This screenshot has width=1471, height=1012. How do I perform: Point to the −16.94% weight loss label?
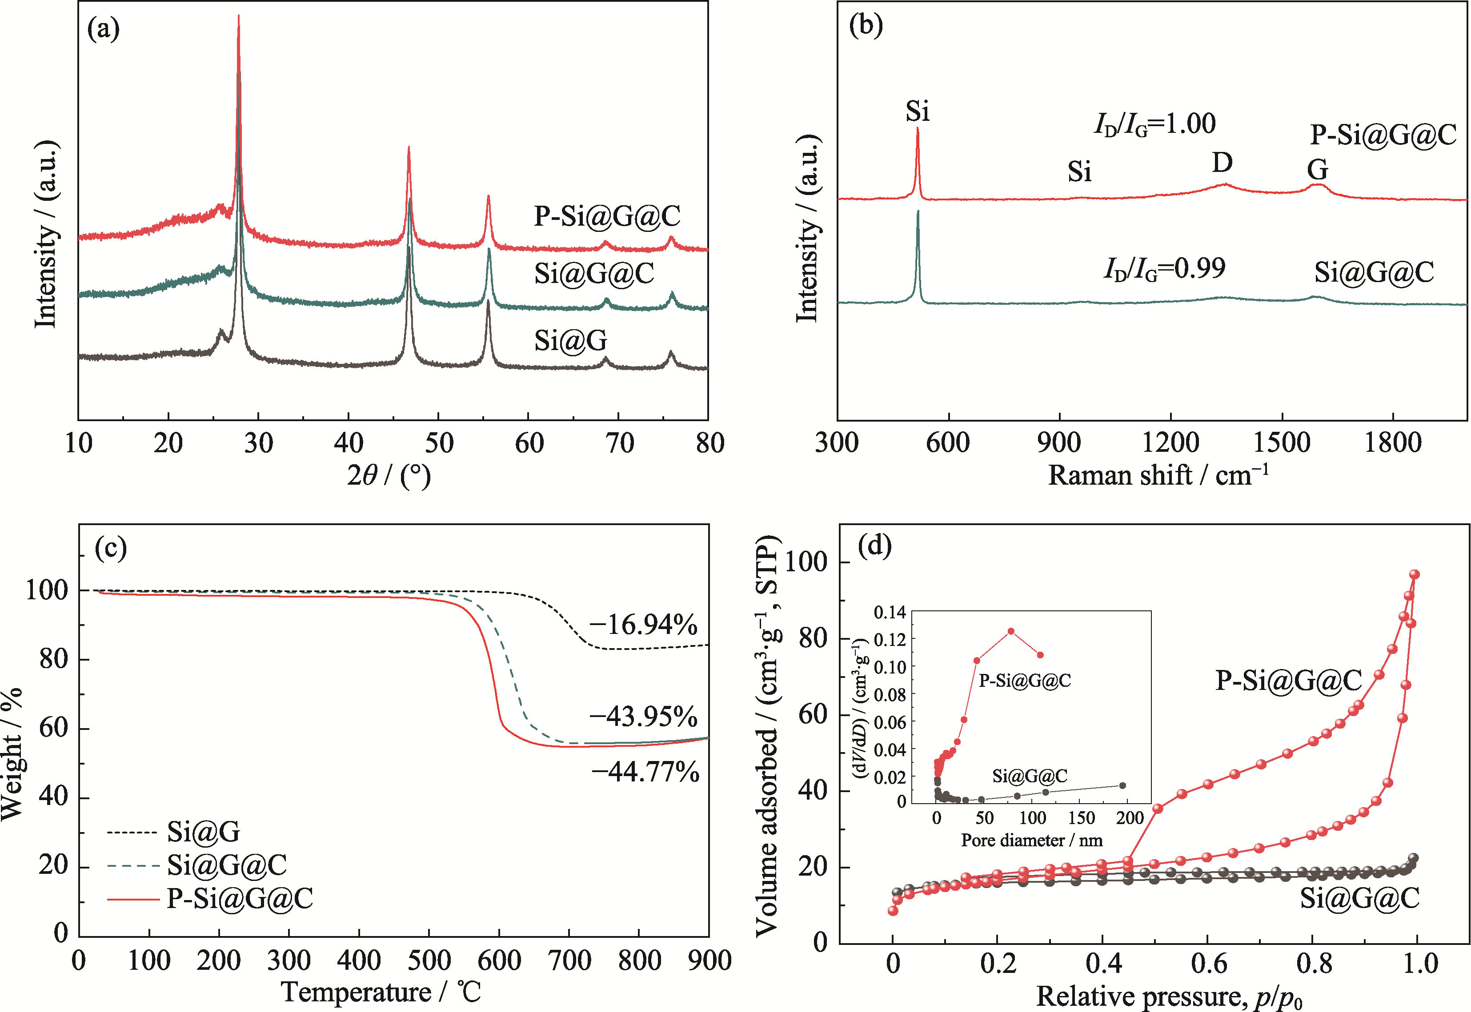coord(642,625)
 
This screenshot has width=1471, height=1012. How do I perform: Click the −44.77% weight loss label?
coord(645,772)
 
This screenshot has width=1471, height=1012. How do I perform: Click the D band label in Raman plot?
coord(1222,163)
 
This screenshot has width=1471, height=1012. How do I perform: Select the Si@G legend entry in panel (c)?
coord(203,831)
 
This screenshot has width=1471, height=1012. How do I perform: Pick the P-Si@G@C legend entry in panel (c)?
coord(240,899)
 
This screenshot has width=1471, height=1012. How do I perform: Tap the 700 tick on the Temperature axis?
coord(569,960)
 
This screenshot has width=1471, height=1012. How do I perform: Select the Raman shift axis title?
coord(1158,475)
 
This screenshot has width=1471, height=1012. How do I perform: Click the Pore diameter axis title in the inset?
coord(1031,841)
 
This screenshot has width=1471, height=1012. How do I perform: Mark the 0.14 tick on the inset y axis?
coord(890,613)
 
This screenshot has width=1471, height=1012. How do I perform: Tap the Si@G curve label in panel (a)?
coord(570,340)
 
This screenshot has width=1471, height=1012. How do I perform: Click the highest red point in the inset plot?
coord(1011,631)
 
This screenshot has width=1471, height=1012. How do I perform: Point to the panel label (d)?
coord(874,545)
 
